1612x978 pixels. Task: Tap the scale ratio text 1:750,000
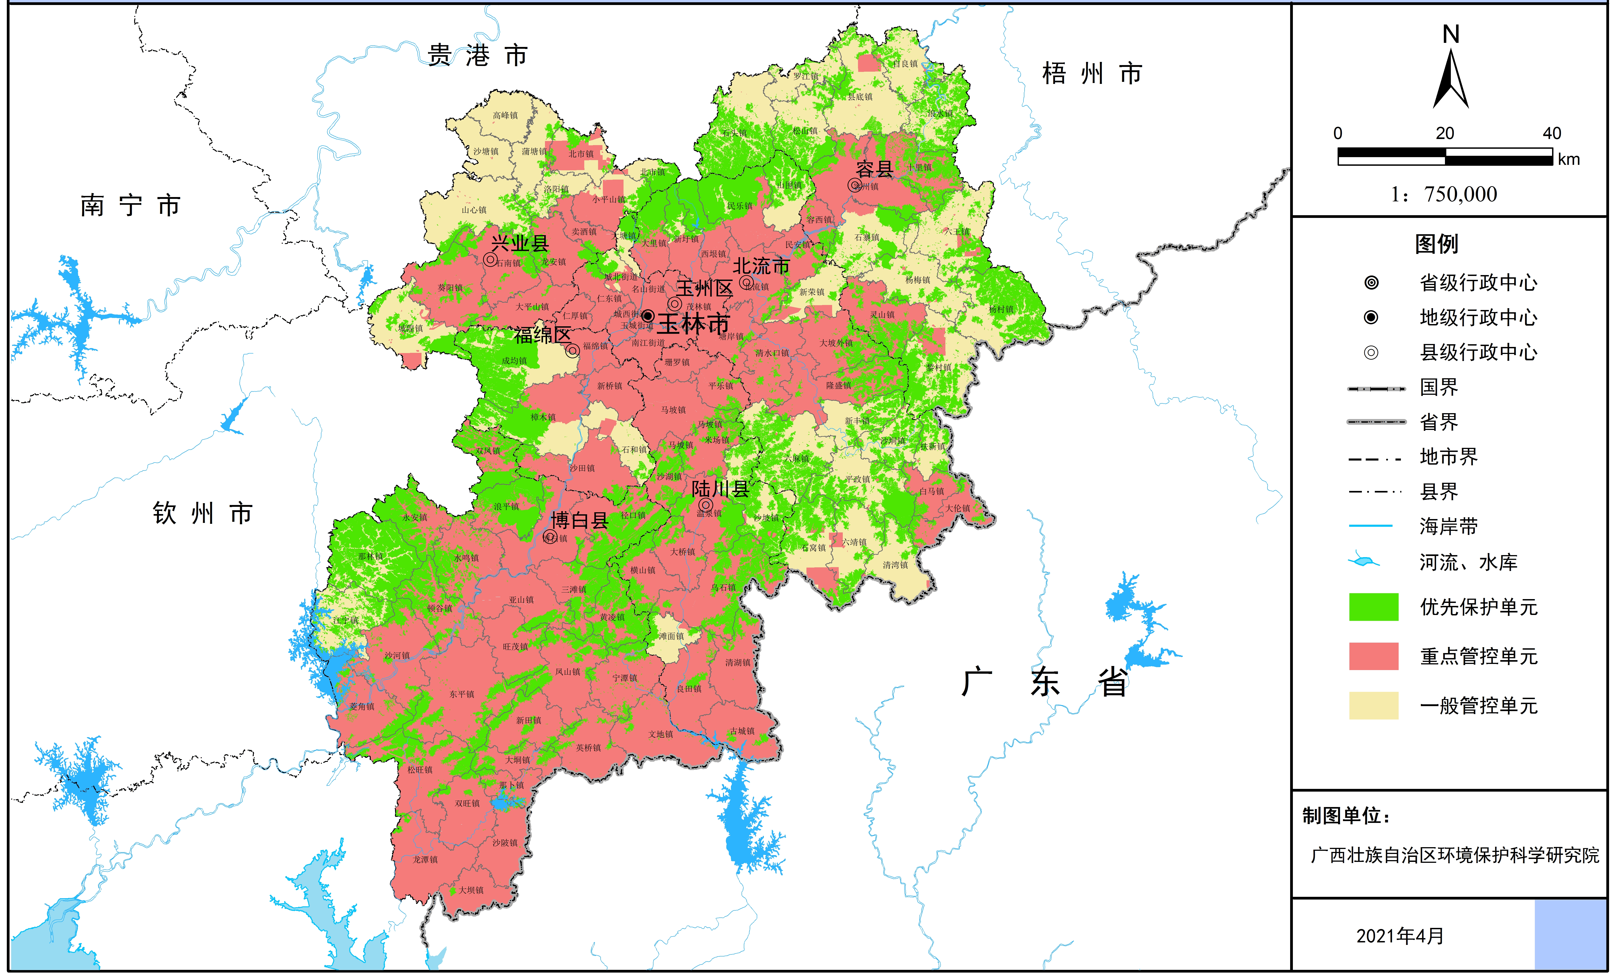pyautogui.click(x=1444, y=194)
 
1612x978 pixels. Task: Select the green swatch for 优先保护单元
pyautogui.click(x=1373, y=607)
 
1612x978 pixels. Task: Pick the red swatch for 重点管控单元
pyautogui.click(x=1373, y=656)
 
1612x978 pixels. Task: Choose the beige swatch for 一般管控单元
pyautogui.click(x=1373, y=705)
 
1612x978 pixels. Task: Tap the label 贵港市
pyautogui.click(x=478, y=56)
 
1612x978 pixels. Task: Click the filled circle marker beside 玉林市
pyautogui.click(x=648, y=316)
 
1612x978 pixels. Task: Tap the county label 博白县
pyautogui.click(x=580, y=520)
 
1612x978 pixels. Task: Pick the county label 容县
pyautogui.click(x=875, y=169)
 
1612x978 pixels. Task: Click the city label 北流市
pyautogui.click(x=761, y=266)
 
